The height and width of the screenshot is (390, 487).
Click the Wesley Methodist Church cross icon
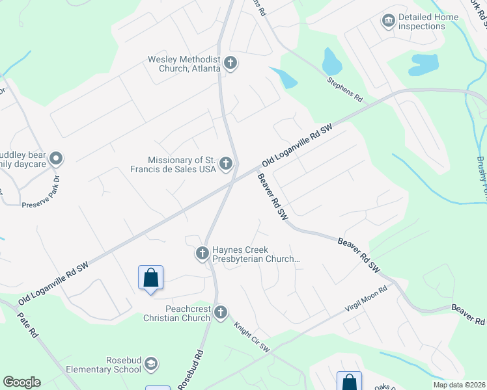(x=230, y=63)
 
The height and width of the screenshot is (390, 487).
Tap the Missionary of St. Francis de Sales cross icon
(x=226, y=164)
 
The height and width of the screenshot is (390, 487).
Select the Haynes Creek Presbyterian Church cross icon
(x=202, y=253)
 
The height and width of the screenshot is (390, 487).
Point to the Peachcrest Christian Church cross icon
(x=221, y=313)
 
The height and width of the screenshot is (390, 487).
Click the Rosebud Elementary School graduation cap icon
(x=151, y=363)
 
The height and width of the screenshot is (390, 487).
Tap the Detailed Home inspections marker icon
(x=389, y=21)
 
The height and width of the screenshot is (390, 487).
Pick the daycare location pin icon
(x=56, y=158)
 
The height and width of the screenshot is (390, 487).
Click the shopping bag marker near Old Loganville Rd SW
(x=150, y=278)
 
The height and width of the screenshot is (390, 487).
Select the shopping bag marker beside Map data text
(x=349, y=381)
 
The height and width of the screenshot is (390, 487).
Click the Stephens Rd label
(x=344, y=90)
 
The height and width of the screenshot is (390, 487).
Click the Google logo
(x=21, y=382)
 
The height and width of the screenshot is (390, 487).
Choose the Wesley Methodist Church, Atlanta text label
(x=184, y=64)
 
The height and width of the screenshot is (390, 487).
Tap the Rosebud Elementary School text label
(x=104, y=365)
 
